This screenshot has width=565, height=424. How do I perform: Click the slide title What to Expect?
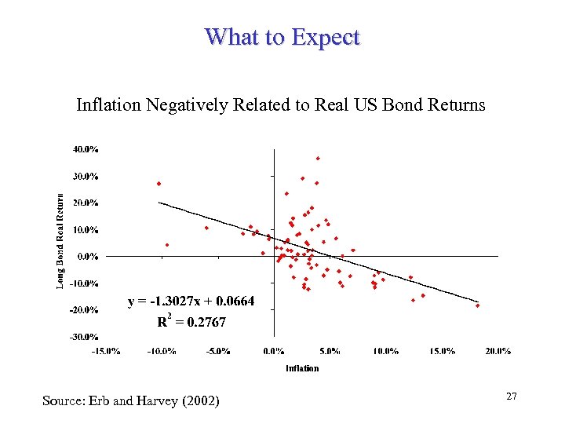(x=282, y=37)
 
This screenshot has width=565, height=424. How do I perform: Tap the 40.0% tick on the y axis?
(x=86, y=148)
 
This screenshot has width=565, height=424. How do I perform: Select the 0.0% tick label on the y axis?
(x=88, y=256)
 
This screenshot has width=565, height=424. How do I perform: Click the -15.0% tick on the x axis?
(x=106, y=350)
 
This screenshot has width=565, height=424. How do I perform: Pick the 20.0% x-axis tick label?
(x=498, y=350)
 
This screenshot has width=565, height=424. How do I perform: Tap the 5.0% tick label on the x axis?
(x=330, y=350)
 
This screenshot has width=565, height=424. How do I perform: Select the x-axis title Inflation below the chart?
(x=302, y=367)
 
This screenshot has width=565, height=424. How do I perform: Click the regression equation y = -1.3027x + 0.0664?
(x=191, y=302)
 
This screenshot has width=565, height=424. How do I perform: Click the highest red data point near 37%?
(x=318, y=159)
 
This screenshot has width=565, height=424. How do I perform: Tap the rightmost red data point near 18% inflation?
(x=477, y=305)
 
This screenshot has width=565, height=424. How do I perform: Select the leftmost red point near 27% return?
(x=159, y=184)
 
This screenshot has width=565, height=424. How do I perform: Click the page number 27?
(x=511, y=397)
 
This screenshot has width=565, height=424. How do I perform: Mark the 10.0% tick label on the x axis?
(x=385, y=350)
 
